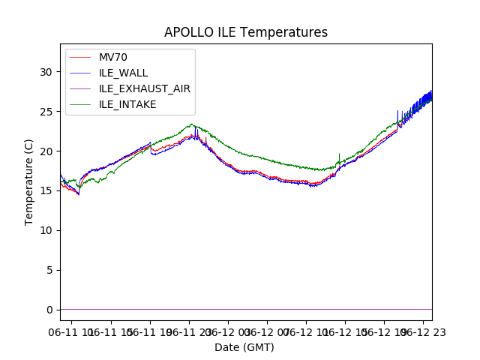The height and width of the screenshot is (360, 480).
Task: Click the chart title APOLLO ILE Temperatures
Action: tap(246, 33)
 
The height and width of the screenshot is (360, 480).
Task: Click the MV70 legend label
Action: tap(113, 57)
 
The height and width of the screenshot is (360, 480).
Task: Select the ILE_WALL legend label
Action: tap(123, 73)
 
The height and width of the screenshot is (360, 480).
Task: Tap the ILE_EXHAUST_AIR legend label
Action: tap(144, 88)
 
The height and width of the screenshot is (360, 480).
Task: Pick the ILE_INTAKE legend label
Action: tap(127, 104)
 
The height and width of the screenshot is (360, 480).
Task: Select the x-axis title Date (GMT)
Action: tap(244, 347)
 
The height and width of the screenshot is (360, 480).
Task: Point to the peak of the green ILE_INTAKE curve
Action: tap(191, 124)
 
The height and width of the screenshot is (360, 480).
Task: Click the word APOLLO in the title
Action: tap(187, 33)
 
